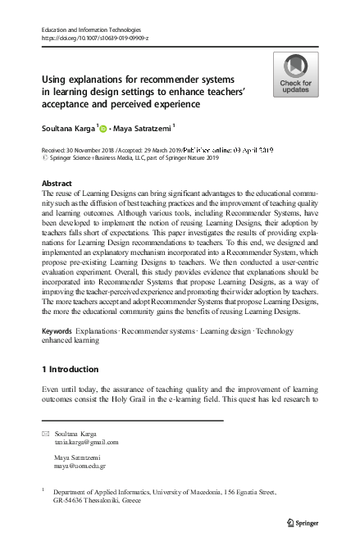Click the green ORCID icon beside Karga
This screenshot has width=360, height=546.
point(105,127)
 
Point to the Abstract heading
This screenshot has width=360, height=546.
point(57,183)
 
